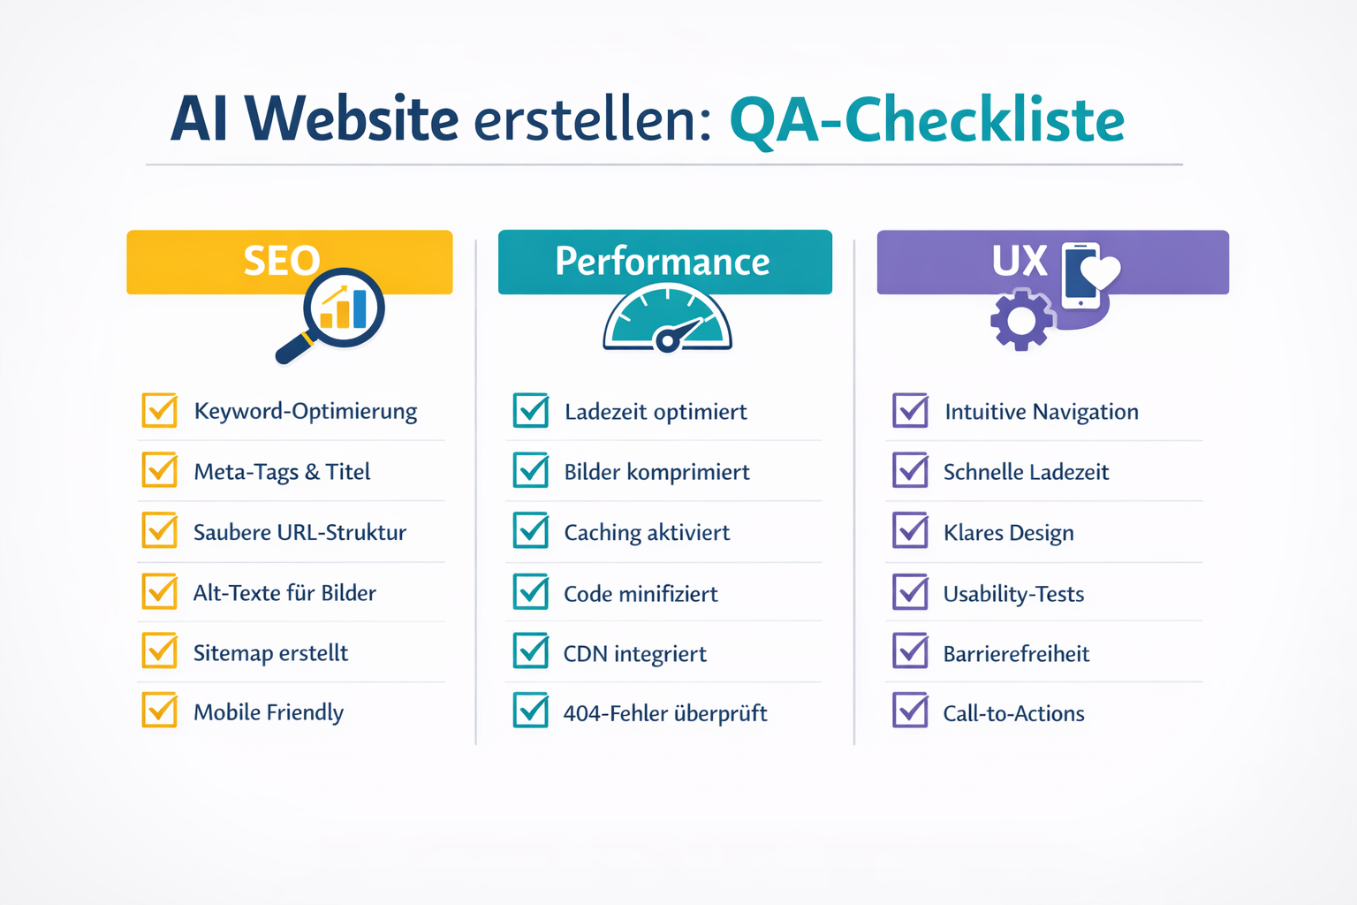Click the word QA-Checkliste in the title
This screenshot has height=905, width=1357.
927,121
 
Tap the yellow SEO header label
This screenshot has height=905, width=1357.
282,261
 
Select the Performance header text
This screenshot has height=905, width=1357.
663,262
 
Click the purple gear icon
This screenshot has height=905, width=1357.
1021,320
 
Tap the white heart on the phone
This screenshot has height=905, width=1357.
1100,271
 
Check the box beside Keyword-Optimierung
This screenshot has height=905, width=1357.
160,410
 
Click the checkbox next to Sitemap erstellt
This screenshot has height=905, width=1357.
160,651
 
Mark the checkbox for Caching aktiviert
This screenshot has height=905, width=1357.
531,531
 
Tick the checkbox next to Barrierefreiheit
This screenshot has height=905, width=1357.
910,651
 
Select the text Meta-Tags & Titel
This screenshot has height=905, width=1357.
282,472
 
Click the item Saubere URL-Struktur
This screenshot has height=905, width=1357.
299,532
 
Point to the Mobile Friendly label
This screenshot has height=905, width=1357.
269,712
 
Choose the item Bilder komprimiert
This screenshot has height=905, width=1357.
656,472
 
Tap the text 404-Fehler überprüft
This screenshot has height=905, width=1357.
665,713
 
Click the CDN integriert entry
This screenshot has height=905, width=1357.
635,654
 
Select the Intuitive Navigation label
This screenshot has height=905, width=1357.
1042,412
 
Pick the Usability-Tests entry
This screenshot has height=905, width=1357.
1013,594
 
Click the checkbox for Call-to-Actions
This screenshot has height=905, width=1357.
910,711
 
